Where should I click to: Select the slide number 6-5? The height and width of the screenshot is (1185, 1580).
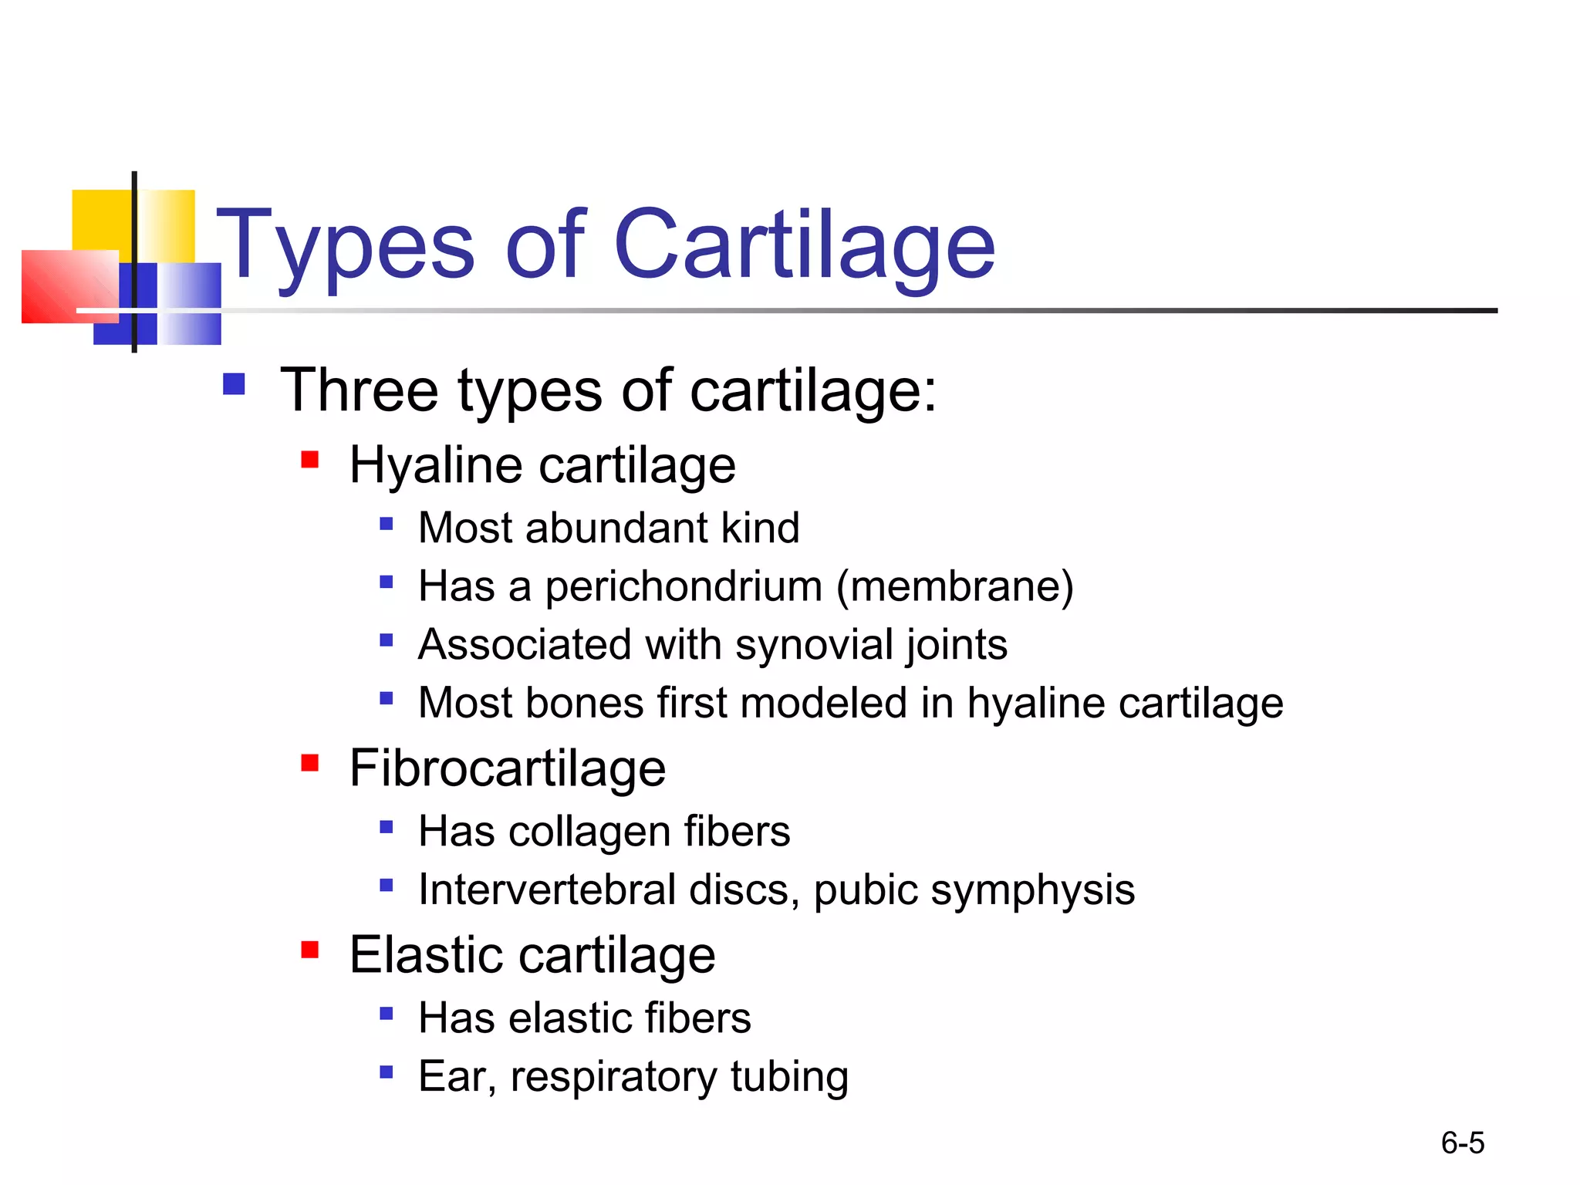1462,1143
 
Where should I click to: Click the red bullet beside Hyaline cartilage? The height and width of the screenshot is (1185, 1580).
310,461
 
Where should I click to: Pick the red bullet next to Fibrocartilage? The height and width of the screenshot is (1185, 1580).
310,763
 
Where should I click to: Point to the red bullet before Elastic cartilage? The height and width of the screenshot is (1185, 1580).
310,950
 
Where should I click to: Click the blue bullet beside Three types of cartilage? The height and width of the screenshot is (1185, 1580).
234,384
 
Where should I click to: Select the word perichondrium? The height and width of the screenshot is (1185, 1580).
684,587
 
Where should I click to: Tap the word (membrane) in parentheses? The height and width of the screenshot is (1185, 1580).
955,587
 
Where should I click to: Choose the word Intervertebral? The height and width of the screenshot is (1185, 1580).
547,890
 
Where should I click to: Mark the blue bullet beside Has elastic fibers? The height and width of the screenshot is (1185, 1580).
387,1013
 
